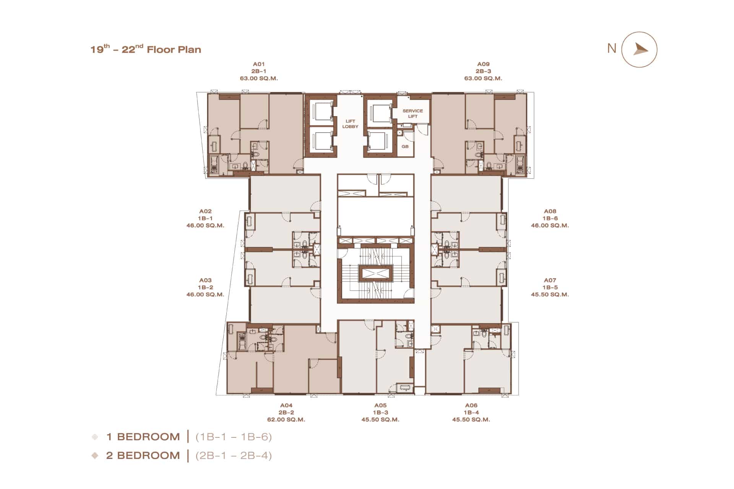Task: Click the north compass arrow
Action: pos(640,49)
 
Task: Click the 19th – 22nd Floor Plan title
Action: pos(146,49)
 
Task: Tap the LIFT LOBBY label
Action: pos(350,124)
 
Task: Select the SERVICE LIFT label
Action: pos(412,113)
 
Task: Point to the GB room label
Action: pos(405,147)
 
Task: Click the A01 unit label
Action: pos(259,64)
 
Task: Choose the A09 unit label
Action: pos(483,64)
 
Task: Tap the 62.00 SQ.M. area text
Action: pos(286,419)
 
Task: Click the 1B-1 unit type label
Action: pos(205,218)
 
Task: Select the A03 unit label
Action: pos(205,280)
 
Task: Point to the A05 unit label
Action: pos(380,405)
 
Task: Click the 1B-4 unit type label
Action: pos(471,413)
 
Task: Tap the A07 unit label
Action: pos(550,280)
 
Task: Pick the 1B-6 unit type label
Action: pos(550,218)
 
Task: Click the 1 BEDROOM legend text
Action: pos(143,437)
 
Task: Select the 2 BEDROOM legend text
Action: pos(143,455)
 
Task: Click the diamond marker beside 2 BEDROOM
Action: pos(95,455)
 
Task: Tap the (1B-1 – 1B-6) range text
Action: pos(234,437)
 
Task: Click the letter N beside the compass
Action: pos(612,49)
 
